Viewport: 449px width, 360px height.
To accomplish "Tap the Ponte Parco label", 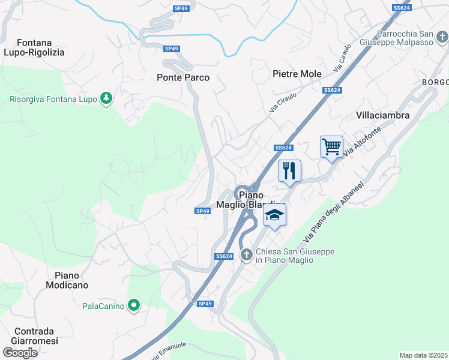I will pyautogui.click(x=183, y=77).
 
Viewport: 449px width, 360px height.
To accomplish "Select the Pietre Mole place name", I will pyautogui.click(x=297, y=74).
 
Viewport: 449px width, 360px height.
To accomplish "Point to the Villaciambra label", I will pyautogui.click(x=382, y=115).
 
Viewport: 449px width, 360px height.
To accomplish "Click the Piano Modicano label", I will pyautogui.click(x=67, y=280).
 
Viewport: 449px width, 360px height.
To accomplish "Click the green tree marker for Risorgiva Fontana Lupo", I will pyautogui.click(x=106, y=98).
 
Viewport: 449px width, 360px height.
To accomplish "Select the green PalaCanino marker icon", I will pyautogui.click(x=134, y=306).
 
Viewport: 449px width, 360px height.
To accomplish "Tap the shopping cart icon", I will pyautogui.click(x=331, y=146).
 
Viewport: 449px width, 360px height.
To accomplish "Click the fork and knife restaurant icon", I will pyautogui.click(x=289, y=171).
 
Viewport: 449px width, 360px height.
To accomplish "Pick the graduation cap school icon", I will pyautogui.click(x=274, y=215).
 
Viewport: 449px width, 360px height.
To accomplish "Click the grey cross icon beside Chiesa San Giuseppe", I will pyautogui.click(x=246, y=256).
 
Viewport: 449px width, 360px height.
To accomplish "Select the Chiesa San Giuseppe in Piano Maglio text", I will pyautogui.click(x=294, y=256).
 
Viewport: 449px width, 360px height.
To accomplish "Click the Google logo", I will pyautogui.click(x=20, y=352).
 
